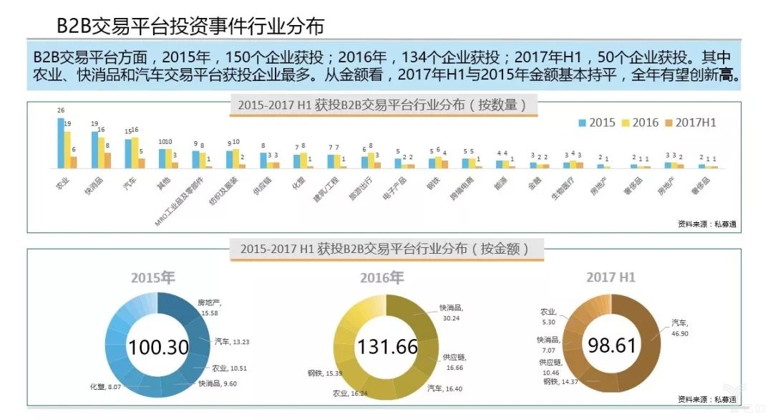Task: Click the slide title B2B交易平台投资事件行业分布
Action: click(190, 27)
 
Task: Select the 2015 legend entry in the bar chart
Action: click(598, 123)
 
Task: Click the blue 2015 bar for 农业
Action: click(60, 143)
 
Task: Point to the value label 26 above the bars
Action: click(60, 110)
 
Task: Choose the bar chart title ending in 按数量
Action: click(382, 105)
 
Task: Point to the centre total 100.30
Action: click(157, 348)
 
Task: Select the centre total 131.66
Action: click(387, 348)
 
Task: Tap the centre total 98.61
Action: click(612, 345)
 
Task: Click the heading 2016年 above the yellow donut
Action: click(381, 277)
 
